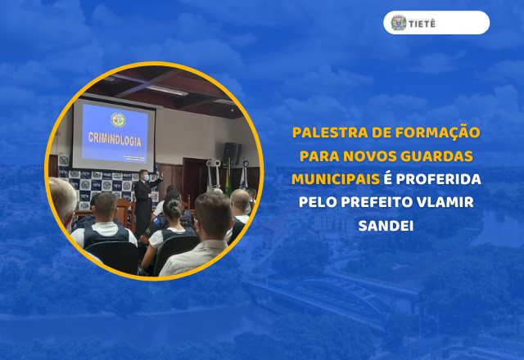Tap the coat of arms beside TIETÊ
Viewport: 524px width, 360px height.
(399, 23)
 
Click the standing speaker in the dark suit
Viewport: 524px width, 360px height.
(144, 200)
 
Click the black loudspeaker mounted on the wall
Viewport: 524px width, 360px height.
(232, 152)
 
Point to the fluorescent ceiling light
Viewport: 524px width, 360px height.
(168, 90)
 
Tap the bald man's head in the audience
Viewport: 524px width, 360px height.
(240, 200)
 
